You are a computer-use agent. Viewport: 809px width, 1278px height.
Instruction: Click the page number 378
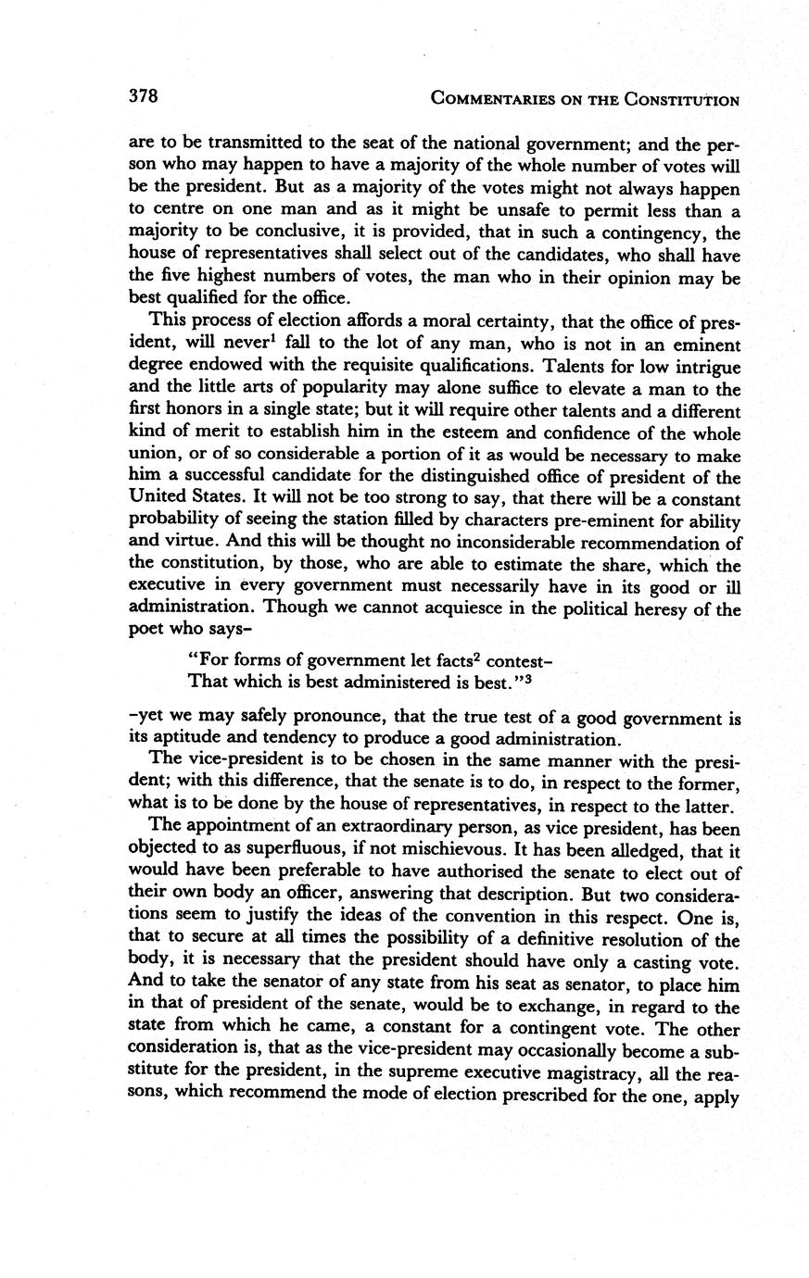[x=144, y=96]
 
